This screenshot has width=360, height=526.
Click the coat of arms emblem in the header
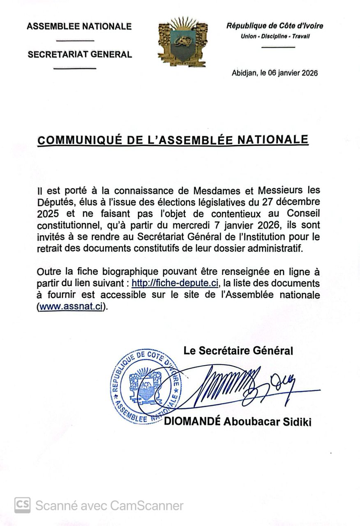pyautogui.click(x=182, y=42)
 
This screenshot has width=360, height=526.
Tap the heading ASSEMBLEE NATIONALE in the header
pyautogui.click(x=79, y=27)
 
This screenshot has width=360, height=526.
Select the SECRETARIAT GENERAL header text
pyautogui.click(x=80, y=54)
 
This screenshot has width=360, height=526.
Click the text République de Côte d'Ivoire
pyautogui.click(x=275, y=26)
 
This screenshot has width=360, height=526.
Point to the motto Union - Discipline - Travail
pyautogui.click(x=275, y=36)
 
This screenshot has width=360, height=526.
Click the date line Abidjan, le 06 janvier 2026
pyautogui.click(x=275, y=73)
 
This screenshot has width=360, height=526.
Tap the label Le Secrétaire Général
pyautogui.click(x=238, y=351)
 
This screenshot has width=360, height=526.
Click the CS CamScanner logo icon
pyautogui.click(x=23, y=505)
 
